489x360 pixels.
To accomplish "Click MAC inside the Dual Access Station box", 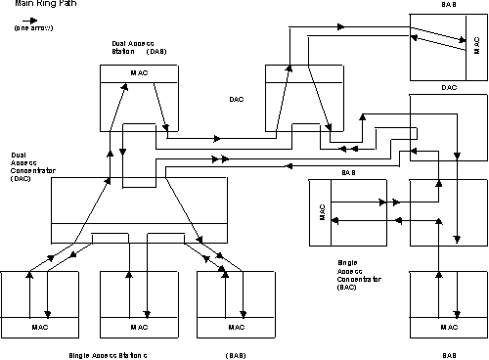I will point(139,74).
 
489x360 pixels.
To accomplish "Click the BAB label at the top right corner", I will point(448,5).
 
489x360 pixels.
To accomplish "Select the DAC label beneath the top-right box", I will point(448,87).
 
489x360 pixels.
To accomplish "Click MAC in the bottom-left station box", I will point(40,327).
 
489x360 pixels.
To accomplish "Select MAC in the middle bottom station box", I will point(139,327).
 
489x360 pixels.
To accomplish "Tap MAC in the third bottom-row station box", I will point(236,327).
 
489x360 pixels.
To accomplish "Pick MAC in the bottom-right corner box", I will point(448,327).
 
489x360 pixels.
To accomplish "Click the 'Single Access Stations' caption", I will point(108,353).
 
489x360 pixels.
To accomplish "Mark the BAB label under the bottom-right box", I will point(448,353).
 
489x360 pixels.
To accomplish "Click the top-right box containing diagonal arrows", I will point(448,46).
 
